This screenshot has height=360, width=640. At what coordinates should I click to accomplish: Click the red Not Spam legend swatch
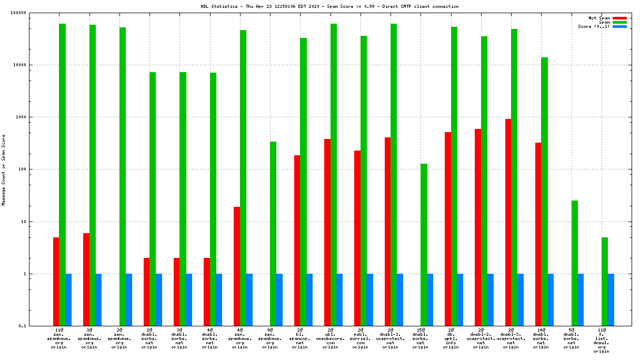pyautogui.click(x=619, y=18)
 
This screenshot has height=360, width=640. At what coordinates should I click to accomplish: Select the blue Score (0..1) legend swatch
pyautogui.click(x=619, y=26)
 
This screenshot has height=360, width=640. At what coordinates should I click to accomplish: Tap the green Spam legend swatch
pyautogui.click(x=619, y=22)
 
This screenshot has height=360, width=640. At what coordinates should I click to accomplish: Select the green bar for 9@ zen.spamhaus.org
pyautogui.click(x=273, y=234)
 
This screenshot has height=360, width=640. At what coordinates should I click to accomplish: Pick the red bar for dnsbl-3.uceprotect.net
pyautogui.click(x=508, y=222)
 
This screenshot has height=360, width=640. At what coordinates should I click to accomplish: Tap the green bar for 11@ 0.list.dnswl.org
pyautogui.click(x=605, y=282)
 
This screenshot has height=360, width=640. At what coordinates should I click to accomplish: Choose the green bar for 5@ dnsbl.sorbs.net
pyautogui.click(x=575, y=263)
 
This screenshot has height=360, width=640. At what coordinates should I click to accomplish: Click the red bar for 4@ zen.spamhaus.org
pyautogui.click(x=237, y=266)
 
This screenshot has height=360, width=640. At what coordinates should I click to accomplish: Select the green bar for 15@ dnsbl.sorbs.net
pyautogui.click(x=424, y=245)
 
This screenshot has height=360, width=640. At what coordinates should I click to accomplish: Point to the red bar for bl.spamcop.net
pyautogui.click(x=297, y=241)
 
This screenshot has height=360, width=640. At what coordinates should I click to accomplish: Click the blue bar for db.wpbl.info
pyautogui.click(x=460, y=300)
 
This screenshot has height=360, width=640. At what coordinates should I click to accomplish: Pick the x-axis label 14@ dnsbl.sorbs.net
pyautogui.click(x=541, y=338)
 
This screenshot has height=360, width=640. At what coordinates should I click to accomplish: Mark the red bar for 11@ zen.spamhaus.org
pyautogui.click(x=56, y=282)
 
